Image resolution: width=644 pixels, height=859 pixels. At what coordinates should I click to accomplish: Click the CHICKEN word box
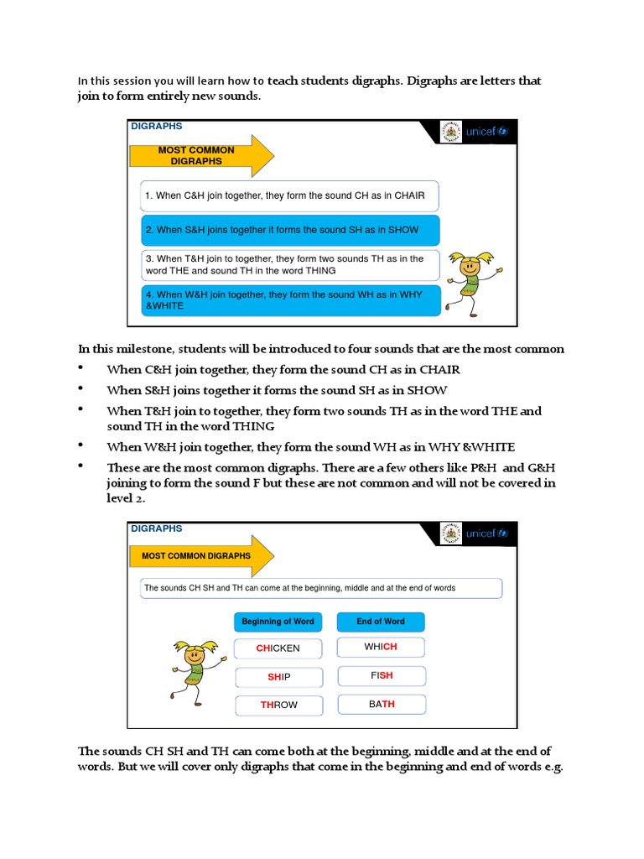278,648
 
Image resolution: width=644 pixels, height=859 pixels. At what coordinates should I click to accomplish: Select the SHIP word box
278,677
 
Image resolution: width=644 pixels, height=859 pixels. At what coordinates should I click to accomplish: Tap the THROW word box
278,705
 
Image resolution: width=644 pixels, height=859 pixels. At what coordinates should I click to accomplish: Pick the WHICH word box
381,648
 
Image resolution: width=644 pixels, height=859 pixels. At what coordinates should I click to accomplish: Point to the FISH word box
381,676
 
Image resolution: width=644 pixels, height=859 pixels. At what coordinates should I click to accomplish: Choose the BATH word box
381,705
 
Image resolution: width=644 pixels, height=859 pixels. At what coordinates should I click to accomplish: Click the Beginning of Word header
278,622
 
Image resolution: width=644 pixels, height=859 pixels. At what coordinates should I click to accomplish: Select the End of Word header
381,622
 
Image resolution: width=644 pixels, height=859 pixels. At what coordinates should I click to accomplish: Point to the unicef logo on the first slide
487,133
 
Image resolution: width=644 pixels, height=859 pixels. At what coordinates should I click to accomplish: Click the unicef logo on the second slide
487,534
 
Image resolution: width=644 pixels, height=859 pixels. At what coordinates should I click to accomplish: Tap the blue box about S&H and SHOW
291,230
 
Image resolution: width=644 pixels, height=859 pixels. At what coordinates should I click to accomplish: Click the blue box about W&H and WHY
291,300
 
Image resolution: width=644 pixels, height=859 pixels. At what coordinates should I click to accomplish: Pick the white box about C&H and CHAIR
291,195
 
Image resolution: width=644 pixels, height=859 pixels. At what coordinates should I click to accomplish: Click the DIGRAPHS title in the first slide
157,127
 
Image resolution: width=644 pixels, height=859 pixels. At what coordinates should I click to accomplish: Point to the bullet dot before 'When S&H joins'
82,389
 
